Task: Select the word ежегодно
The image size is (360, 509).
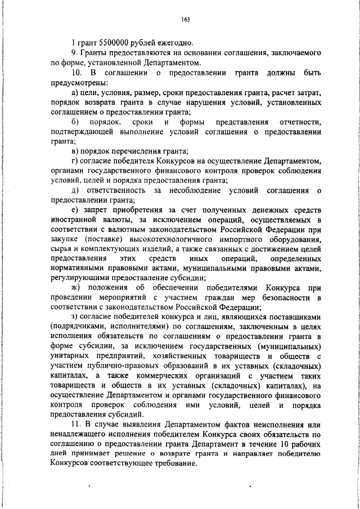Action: (177, 43)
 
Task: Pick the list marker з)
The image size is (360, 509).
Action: (76, 317)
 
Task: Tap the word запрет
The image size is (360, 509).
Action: (98, 210)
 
